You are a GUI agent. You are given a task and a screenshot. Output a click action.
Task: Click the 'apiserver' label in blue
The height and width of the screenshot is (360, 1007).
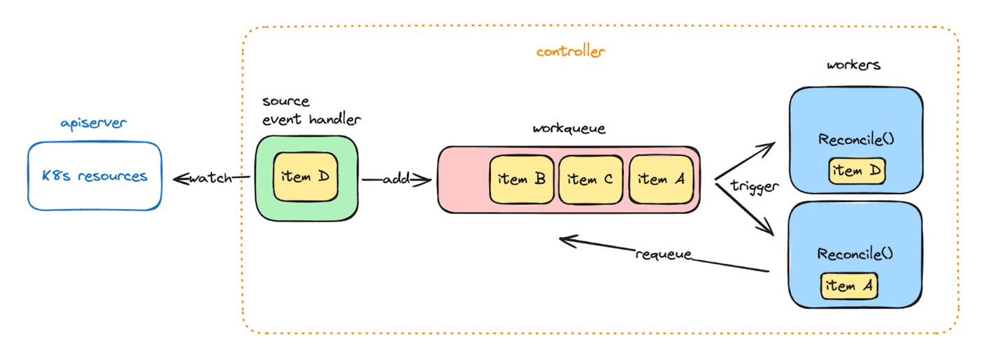tap(93, 124)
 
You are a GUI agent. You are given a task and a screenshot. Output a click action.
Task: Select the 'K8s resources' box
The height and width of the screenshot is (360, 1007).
tap(94, 175)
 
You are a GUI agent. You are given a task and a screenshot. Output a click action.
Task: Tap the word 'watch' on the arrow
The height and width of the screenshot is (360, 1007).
tap(210, 178)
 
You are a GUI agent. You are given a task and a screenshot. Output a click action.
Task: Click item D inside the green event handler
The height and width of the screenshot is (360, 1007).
tap(306, 176)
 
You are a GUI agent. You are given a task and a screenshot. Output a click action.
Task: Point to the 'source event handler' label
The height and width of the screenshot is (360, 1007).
tap(311, 110)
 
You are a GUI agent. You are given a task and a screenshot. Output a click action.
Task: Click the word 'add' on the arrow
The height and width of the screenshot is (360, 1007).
tap(396, 180)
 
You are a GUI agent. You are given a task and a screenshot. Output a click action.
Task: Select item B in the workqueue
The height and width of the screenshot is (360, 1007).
tap(522, 179)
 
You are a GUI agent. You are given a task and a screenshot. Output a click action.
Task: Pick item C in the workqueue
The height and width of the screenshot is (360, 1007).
tap(590, 179)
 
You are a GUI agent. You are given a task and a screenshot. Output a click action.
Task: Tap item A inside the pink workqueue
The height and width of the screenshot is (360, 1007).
tap(660, 179)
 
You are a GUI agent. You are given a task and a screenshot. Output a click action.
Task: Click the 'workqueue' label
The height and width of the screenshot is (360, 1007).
tap(569, 129)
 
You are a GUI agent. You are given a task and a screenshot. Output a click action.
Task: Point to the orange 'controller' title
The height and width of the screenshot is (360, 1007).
tap(570, 51)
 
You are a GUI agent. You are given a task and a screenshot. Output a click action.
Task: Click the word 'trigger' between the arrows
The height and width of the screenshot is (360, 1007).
tap(754, 187)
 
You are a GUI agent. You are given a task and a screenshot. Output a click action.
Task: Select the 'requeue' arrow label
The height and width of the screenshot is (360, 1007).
tap(663, 254)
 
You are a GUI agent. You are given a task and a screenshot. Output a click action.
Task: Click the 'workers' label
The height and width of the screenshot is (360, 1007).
tap(853, 65)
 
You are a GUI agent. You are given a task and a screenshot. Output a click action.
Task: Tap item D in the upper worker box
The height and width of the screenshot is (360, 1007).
tap(857, 171)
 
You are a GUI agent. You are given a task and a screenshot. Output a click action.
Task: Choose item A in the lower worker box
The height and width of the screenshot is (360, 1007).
tap(849, 285)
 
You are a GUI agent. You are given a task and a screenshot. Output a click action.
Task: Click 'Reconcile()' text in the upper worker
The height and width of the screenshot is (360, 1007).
tap(856, 138)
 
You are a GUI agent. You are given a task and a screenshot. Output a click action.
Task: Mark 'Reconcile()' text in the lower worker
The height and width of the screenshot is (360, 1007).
tap(855, 253)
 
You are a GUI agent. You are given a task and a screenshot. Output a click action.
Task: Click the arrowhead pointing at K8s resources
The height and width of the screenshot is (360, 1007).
tap(176, 178)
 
